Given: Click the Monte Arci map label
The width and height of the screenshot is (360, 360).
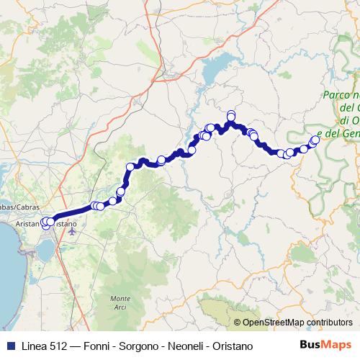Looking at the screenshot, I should (121, 303).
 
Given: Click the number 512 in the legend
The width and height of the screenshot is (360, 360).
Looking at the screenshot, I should (52, 346).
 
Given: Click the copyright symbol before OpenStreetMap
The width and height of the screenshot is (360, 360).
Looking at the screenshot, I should (238, 323).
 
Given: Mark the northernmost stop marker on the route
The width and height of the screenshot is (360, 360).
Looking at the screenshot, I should (231, 114).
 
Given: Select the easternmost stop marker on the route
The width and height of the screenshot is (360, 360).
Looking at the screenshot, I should (315, 140).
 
